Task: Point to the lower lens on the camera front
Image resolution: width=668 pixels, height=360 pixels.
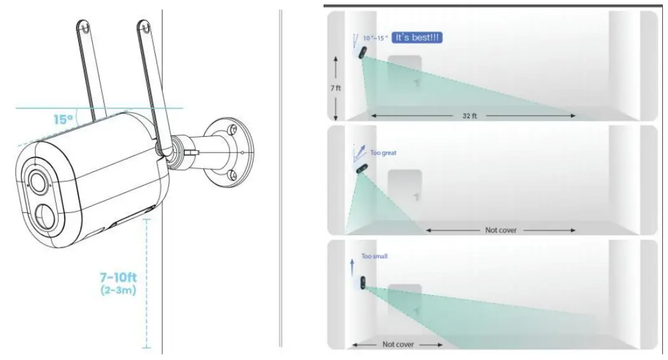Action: click(x=45, y=214)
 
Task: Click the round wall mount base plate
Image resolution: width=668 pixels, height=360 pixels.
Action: click(x=232, y=153)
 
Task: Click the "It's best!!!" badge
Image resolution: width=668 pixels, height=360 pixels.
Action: click(x=416, y=38)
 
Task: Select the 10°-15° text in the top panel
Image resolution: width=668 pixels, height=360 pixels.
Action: click(x=375, y=39)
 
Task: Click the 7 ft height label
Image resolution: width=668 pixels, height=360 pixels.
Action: click(x=335, y=88)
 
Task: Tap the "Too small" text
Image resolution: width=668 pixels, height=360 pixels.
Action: click(x=374, y=256)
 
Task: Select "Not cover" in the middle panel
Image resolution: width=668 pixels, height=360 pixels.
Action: click(x=501, y=230)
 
